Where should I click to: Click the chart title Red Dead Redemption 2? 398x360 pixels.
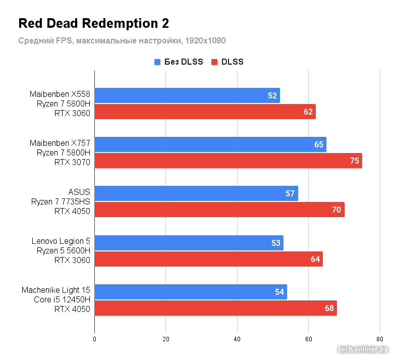(x=93, y=23)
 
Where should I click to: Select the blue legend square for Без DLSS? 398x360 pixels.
(x=157, y=62)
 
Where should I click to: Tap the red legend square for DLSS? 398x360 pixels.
(x=214, y=62)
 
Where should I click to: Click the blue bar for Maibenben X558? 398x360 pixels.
(x=187, y=95)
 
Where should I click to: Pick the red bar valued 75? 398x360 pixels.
(x=228, y=161)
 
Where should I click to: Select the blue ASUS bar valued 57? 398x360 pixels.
(x=196, y=193)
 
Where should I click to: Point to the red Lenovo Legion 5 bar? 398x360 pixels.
(x=208, y=259)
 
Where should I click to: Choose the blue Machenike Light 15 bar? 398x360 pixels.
(x=190, y=292)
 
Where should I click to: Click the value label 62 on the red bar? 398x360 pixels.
(x=308, y=112)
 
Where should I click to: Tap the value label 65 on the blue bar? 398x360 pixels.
(x=319, y=144)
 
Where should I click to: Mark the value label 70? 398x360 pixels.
(x=336, y=210)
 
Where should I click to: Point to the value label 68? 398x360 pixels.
(x=329, y=308)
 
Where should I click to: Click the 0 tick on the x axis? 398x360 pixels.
(x=94, y=339)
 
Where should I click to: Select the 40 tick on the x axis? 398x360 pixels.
(x=237, y=339)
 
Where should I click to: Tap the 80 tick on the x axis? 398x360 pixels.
(x=380, y=339)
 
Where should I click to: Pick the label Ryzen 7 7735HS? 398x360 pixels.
(x=61, y=201)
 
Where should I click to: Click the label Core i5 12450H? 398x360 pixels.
(x=62, y=300)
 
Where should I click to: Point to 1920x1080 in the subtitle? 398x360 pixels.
(x=204, y=40)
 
